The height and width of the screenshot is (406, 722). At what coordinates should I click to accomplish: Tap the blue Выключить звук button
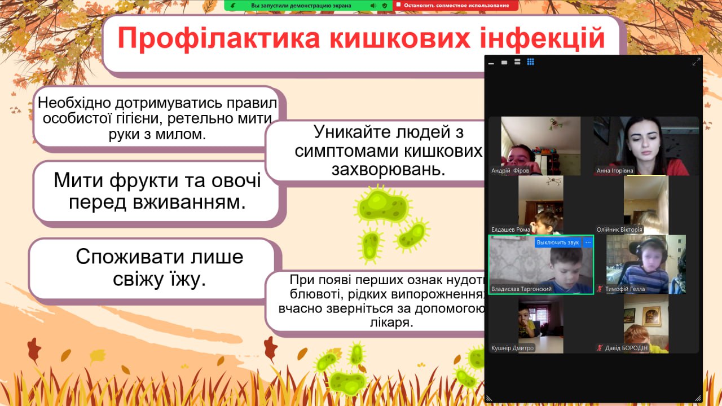coord(558,242)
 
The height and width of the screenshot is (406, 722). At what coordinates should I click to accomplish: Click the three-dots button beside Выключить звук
coord(588,242)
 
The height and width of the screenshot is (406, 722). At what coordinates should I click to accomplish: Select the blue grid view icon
coord(531,62)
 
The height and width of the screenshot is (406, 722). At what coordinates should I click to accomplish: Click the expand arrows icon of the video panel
coord(696,62)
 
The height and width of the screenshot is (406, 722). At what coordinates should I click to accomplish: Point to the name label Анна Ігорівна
coord(615,170)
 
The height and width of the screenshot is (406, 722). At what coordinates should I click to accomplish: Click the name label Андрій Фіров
coord(510,170)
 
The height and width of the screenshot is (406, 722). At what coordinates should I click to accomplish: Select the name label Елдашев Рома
coord(510,230)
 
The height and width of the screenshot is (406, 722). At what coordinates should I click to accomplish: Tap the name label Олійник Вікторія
coord(619,230)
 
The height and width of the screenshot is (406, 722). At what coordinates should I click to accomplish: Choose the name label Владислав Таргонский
coord(521,289)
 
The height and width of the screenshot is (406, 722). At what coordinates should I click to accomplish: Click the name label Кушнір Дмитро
coord(512,348)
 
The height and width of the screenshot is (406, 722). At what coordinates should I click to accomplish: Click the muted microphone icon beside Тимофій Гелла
coord(600,289)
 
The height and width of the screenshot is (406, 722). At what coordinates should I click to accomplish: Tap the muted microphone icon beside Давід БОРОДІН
coord(600,348)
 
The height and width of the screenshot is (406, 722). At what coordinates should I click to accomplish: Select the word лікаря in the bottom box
coord(391,322)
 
